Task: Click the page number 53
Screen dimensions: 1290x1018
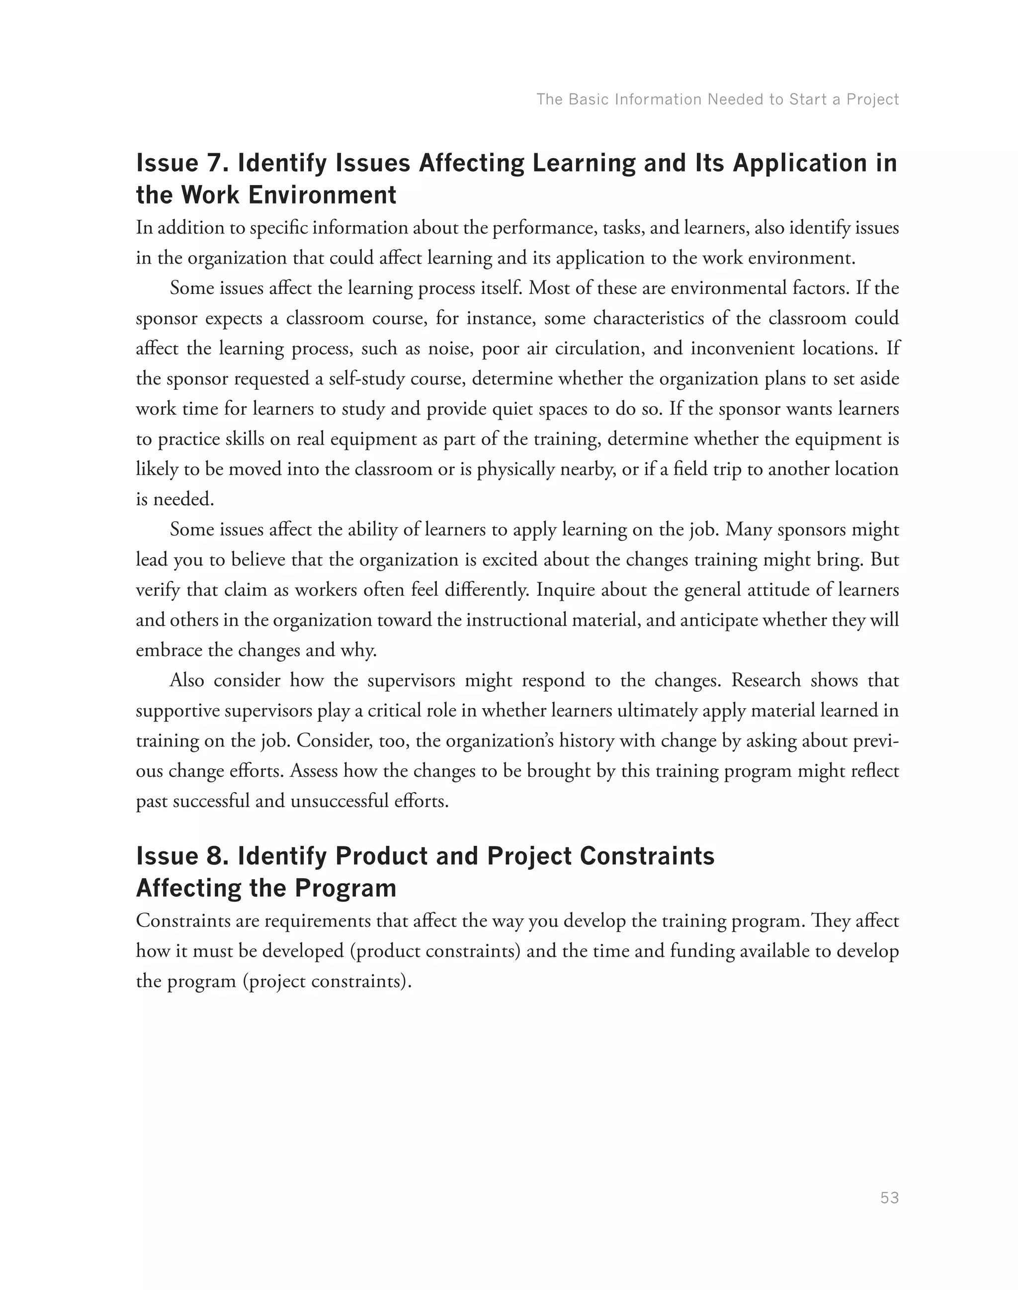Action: coord(889,1198)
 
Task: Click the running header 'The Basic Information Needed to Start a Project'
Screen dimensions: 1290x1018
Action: coord(717,99)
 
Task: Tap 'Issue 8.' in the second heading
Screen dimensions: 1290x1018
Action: coord(182,856)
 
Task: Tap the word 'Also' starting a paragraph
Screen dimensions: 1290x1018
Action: coord(187,680)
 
